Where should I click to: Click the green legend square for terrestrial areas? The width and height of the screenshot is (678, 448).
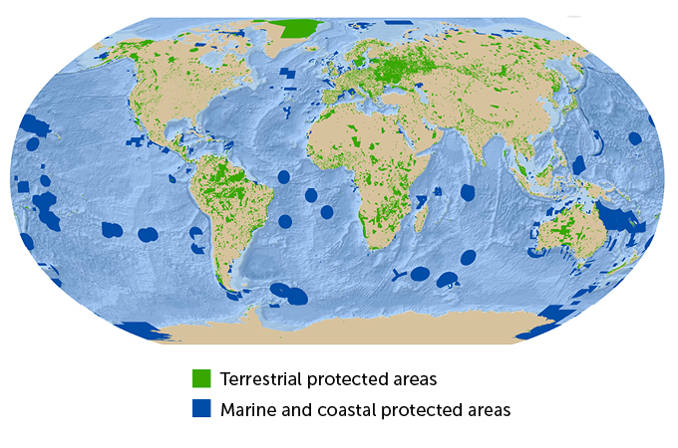tap(201, 379)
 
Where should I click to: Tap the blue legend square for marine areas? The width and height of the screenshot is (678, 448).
tap(201, 409)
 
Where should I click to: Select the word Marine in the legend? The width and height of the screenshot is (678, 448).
tap(249, 409)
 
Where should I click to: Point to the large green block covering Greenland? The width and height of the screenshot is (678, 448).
tap(301, 29)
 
